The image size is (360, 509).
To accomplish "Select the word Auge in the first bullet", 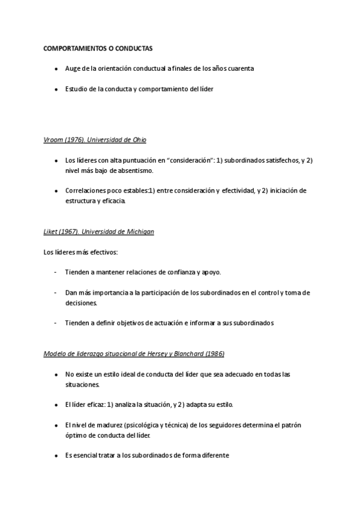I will [x=73, y=68].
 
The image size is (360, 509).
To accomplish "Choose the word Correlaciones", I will [x=87, y=191].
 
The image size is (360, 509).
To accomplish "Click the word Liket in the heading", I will [x=50, y=232].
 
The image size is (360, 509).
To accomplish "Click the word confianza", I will [x=174, y=272].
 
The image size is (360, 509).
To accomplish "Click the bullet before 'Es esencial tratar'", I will [x=56, y=455].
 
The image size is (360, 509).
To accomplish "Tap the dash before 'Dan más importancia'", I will [x=56, y=293].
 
